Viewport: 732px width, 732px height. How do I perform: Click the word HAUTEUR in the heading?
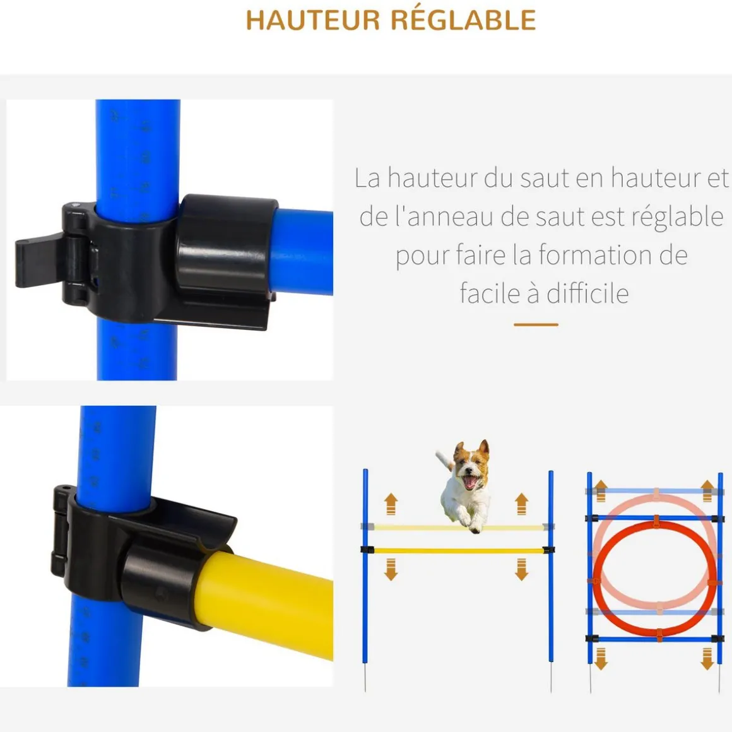pyautogui.click(x=313, y=20)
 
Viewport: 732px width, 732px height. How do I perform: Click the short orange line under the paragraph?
pyautogui.click(x=536, y=324)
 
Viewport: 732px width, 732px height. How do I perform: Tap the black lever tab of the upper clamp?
pyautogui.click(x=38, y=261)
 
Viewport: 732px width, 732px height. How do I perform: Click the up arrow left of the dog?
pyautogui.click(x=391, y=504)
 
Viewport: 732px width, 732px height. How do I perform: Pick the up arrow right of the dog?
pyautogui.click(x=521, y=504)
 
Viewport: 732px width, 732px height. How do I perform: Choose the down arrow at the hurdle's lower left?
pyautogui.click(x=391, y=570)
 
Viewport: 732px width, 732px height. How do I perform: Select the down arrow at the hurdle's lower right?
pyautogui.click(x=521, y=570)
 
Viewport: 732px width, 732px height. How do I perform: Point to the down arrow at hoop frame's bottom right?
pyautogui.click(x=707, y=658)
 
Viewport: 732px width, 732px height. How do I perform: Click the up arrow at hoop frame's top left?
pyautogui.click(x=601, y=490)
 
